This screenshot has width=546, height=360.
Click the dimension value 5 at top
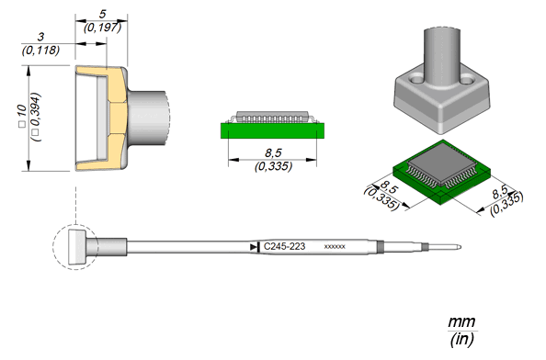tap(102, 15)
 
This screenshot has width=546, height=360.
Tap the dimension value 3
tap(41, 37)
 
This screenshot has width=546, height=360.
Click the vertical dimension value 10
tap(21, 111)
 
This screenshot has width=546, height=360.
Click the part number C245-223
tap(284, 246)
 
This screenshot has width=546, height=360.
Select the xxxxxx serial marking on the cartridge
tap(335, 247)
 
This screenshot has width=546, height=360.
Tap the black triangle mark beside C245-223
tap(254, 247)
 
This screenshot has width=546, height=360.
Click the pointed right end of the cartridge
tap(461, 247)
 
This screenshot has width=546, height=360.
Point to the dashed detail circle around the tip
tap(53, 247)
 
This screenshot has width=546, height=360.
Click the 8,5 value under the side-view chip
tap(273, 152)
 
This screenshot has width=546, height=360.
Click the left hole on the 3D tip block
tap(415, 80)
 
